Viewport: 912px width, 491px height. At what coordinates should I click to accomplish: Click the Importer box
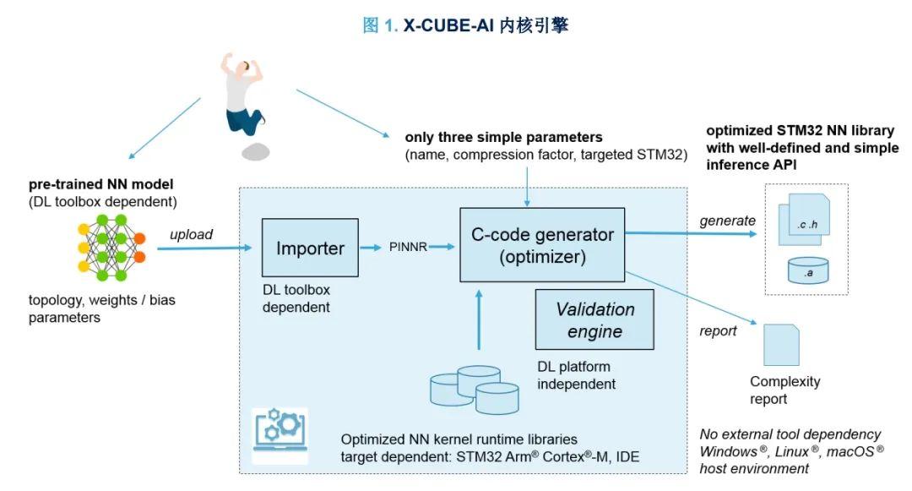pos(311,248)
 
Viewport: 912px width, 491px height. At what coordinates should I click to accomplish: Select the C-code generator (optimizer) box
pos(542,244)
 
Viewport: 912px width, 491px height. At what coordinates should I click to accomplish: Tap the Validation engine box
pos(594,319)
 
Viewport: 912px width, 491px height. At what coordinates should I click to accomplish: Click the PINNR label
pos(408,248)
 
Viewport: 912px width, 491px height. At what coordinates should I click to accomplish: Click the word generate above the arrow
pos(727,221)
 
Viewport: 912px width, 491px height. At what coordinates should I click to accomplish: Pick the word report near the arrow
pos(718,330)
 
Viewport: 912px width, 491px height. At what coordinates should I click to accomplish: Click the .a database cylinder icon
pos(809,271)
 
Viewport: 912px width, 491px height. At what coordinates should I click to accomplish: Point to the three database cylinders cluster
pos(474,390)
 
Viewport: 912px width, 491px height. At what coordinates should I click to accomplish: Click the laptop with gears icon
pos(280,435)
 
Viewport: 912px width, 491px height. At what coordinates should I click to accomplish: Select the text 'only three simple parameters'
pos(503,137)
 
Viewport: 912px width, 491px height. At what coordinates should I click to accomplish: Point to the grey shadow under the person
pos(255,153)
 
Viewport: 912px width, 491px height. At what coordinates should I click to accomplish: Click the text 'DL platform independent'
pos(577,375)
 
